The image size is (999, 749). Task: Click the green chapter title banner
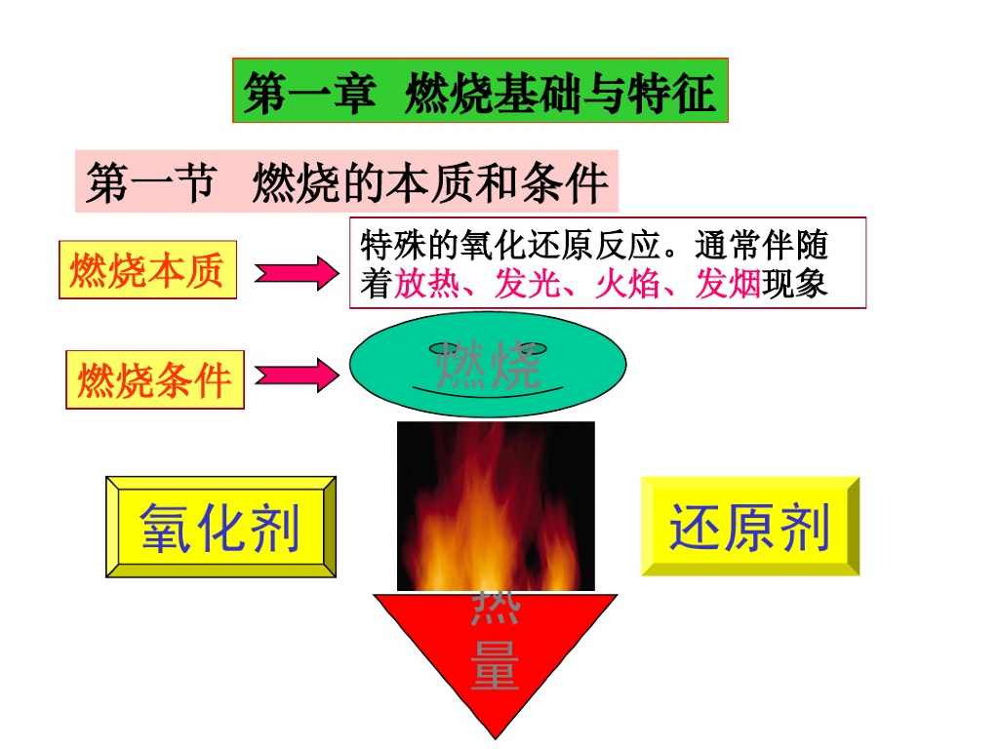coord(480,91)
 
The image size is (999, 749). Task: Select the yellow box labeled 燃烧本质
coord(147,269)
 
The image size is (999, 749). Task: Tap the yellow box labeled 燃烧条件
coord(155,378)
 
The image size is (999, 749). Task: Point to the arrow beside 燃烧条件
coord(297,374)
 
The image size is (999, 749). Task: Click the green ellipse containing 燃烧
coord(488,364)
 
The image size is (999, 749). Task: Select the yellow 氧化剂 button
coord(220,528)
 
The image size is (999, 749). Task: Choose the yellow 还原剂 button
coord(749,527)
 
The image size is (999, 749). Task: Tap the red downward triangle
coord(495,653)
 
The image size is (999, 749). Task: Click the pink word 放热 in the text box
coord(426,283)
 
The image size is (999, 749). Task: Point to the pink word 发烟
coord(728,283)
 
